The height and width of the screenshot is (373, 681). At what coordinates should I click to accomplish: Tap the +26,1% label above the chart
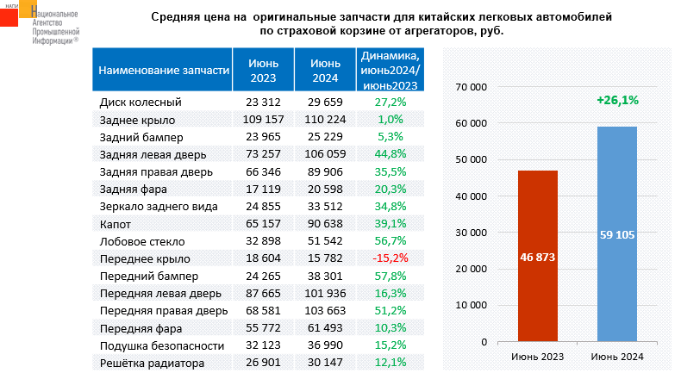click(616, 101)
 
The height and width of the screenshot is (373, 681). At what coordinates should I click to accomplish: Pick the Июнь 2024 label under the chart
click(617, 357)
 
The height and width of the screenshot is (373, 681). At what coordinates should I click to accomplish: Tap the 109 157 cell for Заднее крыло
click(264, 119)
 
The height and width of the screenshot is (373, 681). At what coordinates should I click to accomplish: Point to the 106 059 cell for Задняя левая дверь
click(325, 153)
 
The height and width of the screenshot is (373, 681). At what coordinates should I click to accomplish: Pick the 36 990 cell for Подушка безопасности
click(325, 345)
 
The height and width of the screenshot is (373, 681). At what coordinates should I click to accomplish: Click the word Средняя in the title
click(177, 16)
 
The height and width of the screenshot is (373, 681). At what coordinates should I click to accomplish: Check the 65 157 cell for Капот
click(264, 223)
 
